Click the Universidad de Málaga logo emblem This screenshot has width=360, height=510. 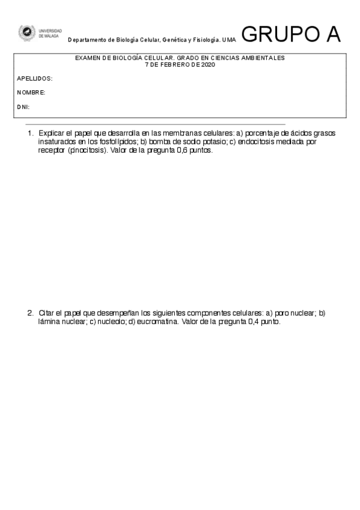(x=26, y=32)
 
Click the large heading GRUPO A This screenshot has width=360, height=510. (x=291, y=35)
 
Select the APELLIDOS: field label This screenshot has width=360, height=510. (x=34, y=79)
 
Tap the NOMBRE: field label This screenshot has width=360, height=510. (x=31, y=93)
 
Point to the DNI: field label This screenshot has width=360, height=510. (x=23, y=106)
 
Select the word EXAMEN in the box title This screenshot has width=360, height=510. (x=88, y=58)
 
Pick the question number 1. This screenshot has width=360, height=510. (x=29, y=133)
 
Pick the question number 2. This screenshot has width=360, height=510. (x=29, y=313)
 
